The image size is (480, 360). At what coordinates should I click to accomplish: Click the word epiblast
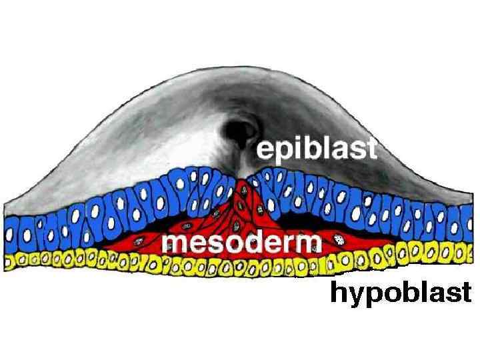(x=317, y=149)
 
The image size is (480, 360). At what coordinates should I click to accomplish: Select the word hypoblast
(x=401, y=292)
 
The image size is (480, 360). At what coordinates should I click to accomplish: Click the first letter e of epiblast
(x=266, y=151)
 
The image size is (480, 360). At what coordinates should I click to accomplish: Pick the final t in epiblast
(x=371, y=148)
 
